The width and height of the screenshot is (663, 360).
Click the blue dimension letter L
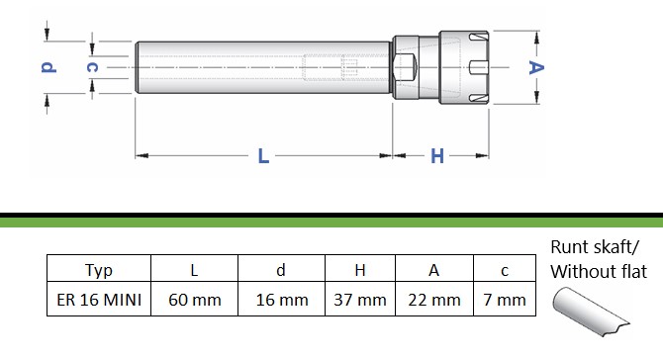point(263,156)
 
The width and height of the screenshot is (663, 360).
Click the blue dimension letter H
point(437,156)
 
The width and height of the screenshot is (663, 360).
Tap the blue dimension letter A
point(536,67)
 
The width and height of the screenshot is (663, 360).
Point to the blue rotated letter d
point(48,67)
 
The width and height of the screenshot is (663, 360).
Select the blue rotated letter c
point(92,67)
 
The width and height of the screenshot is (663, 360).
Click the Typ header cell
point(99,268)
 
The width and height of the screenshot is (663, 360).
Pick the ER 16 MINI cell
point(99,299)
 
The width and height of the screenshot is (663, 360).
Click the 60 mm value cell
point(195,299)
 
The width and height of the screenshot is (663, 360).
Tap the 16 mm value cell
point(282,299)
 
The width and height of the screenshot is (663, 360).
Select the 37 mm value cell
point(360,299)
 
